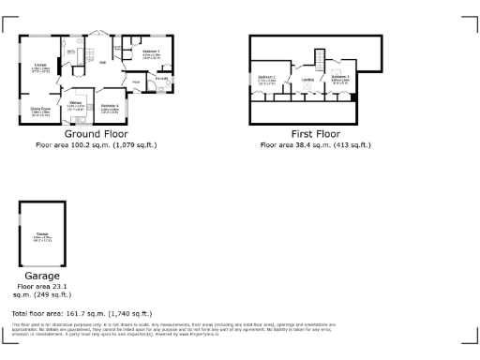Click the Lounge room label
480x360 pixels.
(40, 66)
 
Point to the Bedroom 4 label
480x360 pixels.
(109, 106)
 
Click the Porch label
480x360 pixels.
(136, 83)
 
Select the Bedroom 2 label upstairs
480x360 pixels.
(267, 77)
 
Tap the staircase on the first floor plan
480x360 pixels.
(319, 63)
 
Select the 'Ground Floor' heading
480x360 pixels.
(96, 135)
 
